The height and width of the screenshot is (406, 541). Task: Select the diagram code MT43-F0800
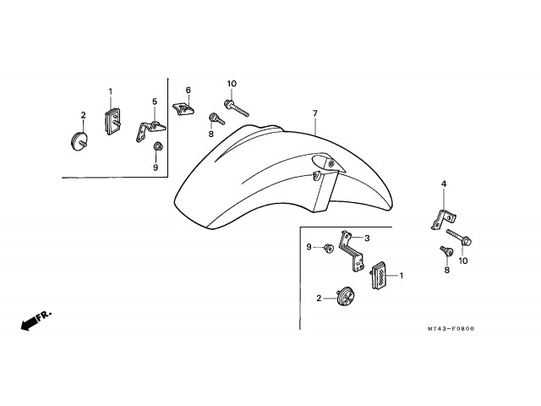[451, 329]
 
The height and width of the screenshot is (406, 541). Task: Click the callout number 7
[314, 113]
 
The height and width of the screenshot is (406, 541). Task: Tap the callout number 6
[188, 91]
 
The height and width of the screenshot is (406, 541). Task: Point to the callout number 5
[155, 101]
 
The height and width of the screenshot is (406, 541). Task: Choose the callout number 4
[444, 184]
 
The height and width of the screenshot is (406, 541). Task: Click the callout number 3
[367, 239]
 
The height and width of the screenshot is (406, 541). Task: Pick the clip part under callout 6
[183, 109]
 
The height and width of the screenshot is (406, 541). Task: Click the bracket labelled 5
[150, 131]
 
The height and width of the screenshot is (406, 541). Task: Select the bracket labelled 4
[443, 219]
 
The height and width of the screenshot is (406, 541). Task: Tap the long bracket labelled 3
[352, 251]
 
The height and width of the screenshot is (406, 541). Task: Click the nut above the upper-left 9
[158, 146]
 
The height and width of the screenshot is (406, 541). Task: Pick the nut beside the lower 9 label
[328, 248]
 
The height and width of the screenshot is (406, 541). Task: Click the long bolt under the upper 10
[237, 107]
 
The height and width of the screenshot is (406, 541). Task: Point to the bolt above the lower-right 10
[459, 237]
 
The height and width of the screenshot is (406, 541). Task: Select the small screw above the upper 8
[216, 118]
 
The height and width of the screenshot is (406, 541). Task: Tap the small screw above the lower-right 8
[446, 251]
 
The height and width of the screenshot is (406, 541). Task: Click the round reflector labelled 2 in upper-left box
[79, 141]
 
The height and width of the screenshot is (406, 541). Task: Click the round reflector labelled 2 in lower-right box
[346, 297]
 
